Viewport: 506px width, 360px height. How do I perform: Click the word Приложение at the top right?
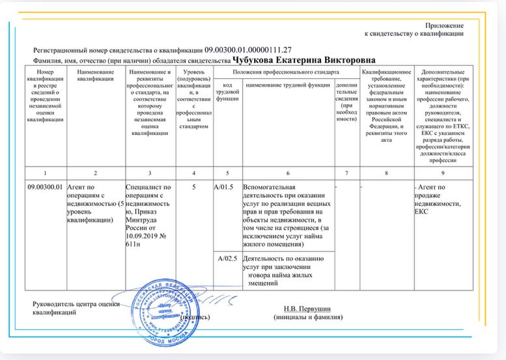444,25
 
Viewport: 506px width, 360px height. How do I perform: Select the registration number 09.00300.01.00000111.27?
248,49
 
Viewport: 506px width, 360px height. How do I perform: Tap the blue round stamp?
171,306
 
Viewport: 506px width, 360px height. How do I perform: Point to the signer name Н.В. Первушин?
307,308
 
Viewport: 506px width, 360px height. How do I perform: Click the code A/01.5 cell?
226,187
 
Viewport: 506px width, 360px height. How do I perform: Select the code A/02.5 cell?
226,258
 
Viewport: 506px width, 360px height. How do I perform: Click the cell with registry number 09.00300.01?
45,187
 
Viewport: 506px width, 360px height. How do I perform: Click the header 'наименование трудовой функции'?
288,85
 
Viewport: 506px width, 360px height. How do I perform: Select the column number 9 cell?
443,173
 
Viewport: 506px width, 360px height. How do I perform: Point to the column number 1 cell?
45,173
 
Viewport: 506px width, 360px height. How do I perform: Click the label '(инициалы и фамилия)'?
308,317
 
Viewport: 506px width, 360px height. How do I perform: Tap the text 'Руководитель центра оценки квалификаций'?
77,308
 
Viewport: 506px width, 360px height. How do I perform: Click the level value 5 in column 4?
193,187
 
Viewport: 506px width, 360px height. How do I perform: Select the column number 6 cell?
287,173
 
